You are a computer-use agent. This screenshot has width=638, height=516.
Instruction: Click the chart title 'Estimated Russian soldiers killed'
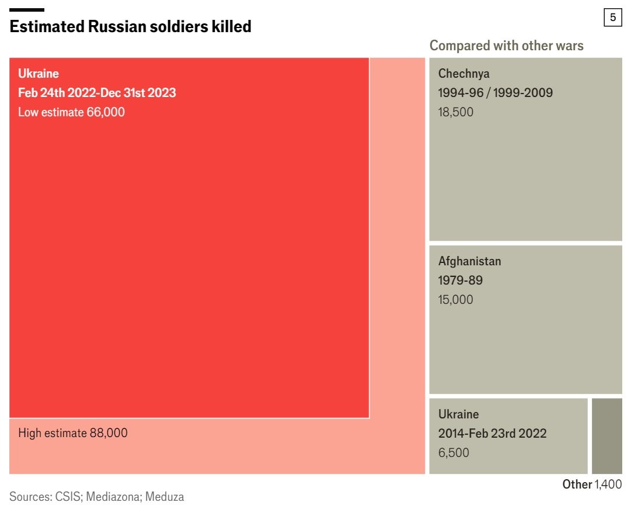coord(130,26)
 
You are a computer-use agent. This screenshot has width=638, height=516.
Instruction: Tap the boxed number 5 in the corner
coord(612,18)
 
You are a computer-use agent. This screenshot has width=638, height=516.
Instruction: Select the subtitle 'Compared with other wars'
coord(506,46)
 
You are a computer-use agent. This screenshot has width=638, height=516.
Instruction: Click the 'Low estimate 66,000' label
coord(71,112)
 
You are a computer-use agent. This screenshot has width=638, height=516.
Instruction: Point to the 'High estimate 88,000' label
coord(73,433)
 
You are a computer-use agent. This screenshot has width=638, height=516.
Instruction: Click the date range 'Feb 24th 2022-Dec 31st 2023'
coord(97,93)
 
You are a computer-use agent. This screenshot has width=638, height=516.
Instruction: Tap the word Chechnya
coord(463,74)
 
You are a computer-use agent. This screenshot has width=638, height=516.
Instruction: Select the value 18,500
coord(455,112)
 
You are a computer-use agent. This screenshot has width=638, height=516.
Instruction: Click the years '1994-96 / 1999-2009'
coord(495,93)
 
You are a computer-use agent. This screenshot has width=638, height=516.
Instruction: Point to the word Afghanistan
coord(469,261)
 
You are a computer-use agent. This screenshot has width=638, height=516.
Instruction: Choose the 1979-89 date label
coord(460,280)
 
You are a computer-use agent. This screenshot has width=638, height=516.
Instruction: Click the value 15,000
coord(455,300)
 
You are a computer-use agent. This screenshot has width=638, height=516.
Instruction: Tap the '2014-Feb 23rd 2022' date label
coord(492,434)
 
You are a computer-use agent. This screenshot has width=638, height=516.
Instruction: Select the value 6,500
coord(453,453)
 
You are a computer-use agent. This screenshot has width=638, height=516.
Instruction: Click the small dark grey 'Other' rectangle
coord(606,436)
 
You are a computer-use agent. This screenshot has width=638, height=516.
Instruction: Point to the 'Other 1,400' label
coord(591,484)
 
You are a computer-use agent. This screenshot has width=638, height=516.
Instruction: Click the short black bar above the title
coord(27,10)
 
